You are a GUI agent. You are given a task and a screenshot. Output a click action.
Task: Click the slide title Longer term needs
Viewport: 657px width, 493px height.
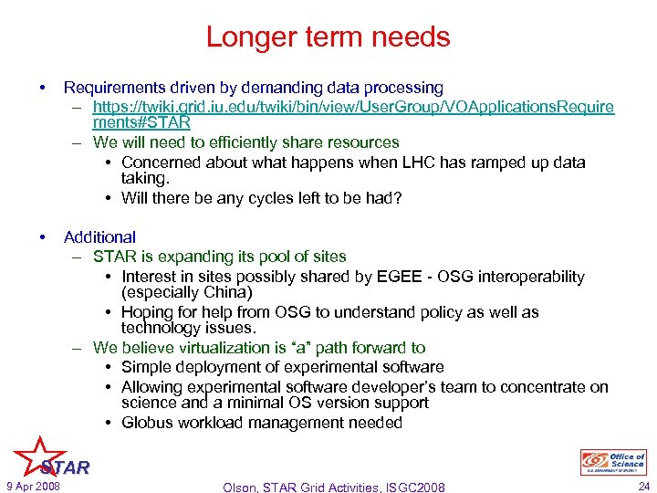tap(328, 37)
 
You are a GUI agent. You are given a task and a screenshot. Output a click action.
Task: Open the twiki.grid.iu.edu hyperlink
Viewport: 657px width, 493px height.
tap(353, 108)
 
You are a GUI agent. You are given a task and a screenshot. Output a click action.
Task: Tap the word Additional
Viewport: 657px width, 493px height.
tap(99, 237)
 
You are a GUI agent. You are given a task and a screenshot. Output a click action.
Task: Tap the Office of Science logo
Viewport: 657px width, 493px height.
tap(613, 462)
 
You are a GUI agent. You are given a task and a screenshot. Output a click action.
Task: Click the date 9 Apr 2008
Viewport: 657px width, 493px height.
tap(33, 487)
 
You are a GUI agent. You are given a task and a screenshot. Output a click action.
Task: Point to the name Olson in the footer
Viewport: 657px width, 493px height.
tap(243, 488)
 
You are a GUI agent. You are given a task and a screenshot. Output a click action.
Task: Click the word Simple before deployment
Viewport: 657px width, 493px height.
tap(146, 367)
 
